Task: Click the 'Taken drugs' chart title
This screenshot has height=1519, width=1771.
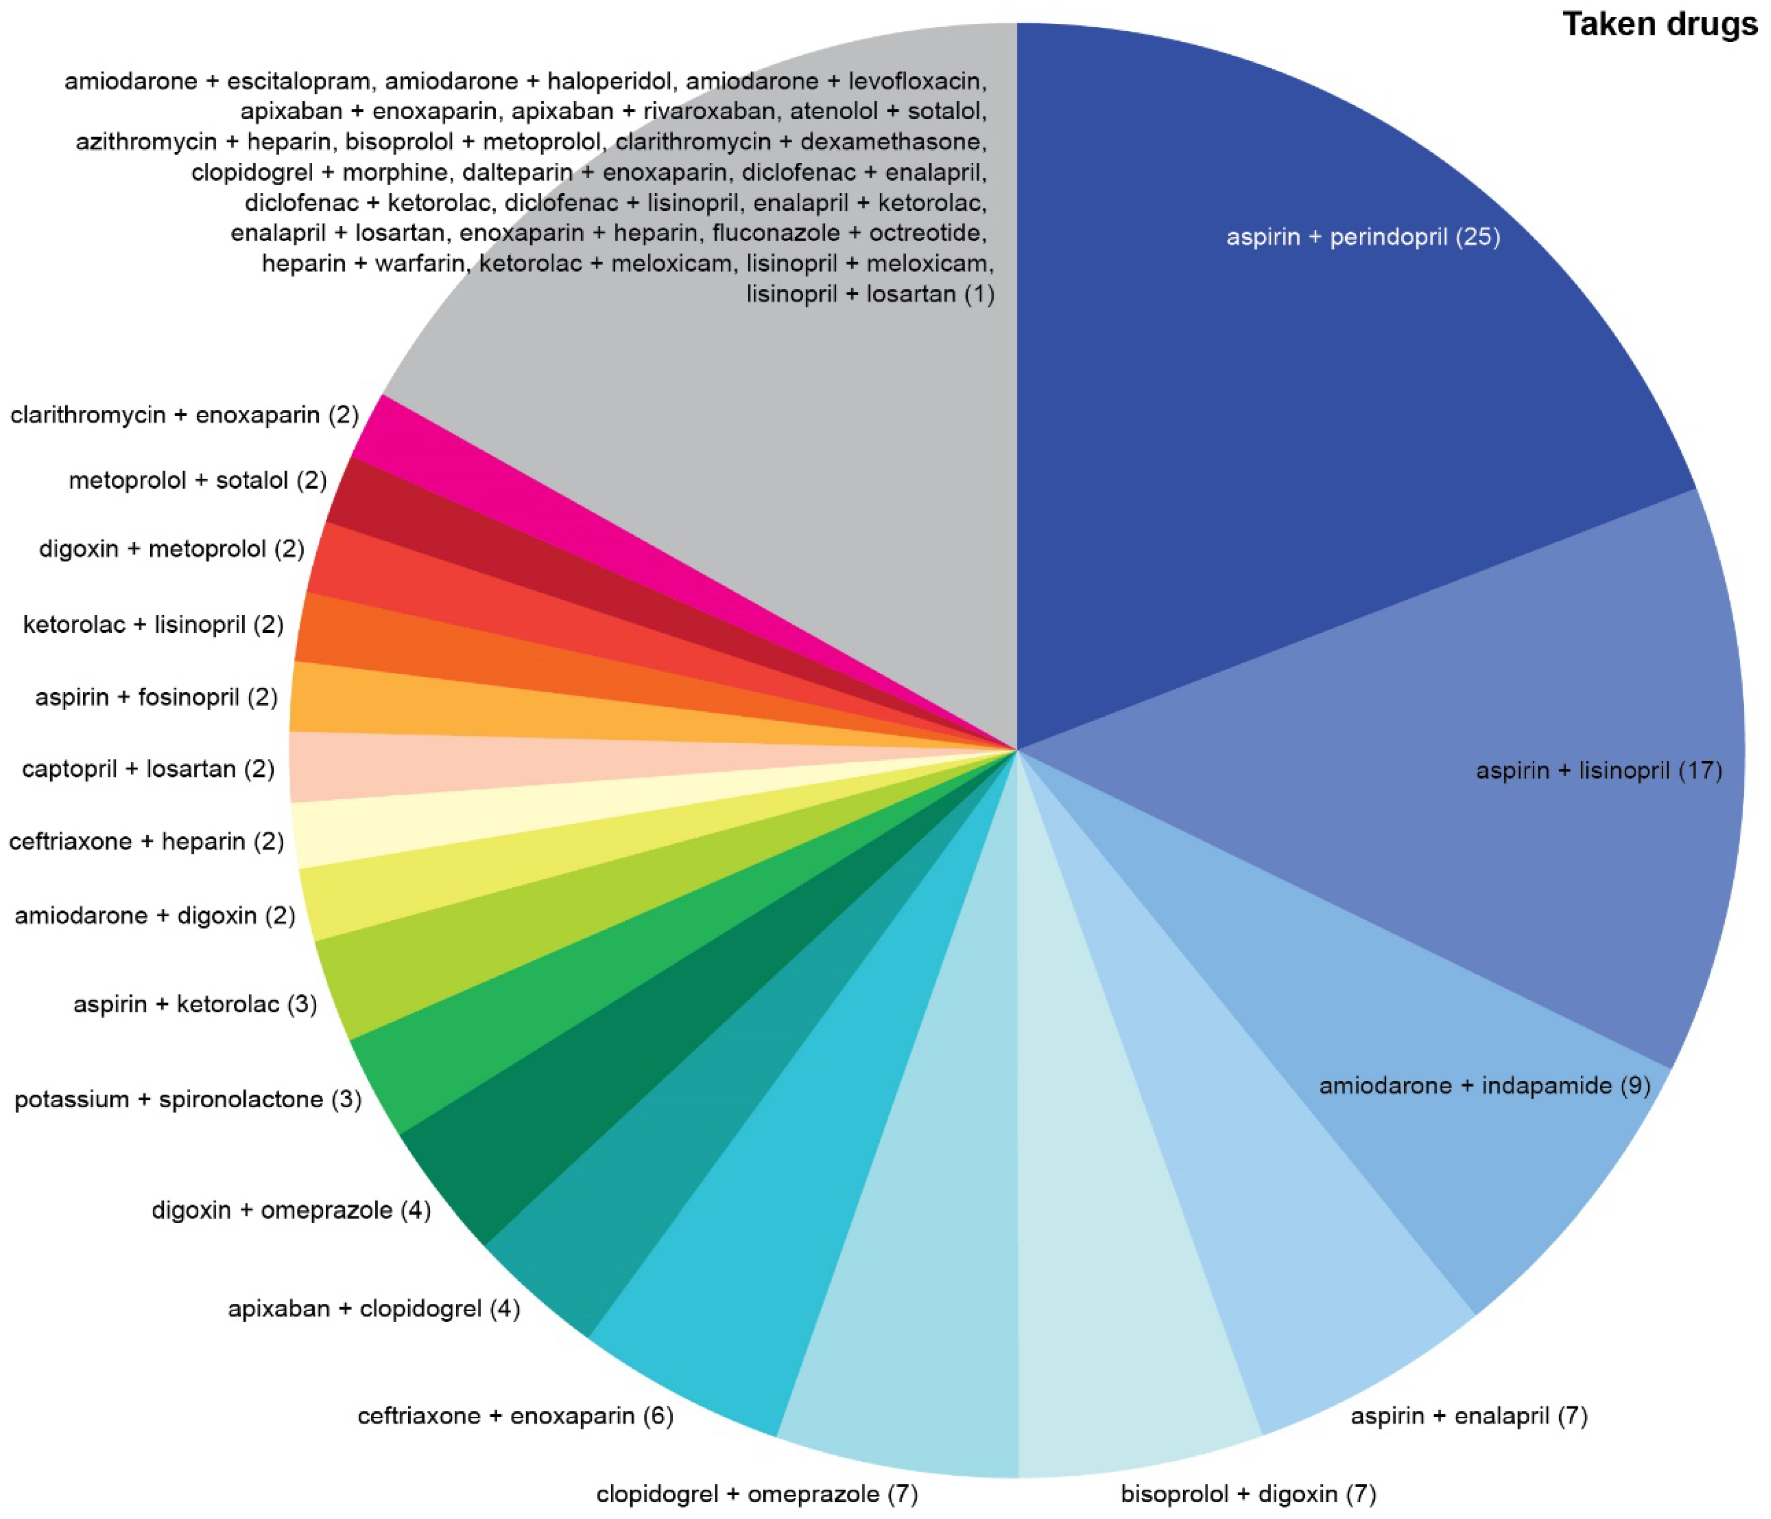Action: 1660,24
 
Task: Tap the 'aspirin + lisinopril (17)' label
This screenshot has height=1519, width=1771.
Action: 1599,770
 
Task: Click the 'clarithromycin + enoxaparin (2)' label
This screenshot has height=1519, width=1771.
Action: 184,415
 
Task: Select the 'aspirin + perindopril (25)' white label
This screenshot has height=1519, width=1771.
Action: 1363,237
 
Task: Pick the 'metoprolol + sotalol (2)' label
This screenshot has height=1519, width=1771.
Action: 197,481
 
